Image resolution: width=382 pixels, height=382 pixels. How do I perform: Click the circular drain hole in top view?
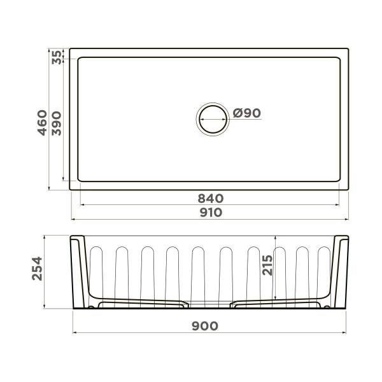[211, 118]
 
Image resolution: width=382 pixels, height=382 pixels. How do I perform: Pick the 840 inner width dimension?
[211, 199]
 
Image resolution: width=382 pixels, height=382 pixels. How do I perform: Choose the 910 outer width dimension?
[211, 213]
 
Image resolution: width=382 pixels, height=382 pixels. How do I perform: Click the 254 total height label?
[36, 271]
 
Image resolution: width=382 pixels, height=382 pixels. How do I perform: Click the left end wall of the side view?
[78, 271]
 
